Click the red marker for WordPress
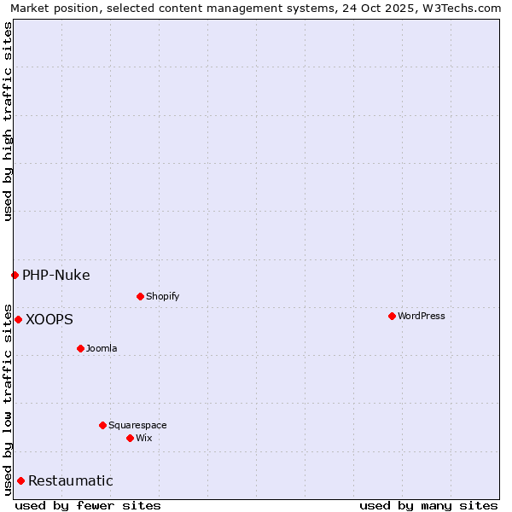point(392,316)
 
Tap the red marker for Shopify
point(140,296)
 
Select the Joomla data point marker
point(80,348)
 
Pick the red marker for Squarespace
point(102,425)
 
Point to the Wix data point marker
point(130,438)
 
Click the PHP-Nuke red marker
point(15,275)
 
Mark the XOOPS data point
point(18,319)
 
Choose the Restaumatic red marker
point(20,480)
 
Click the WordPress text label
point(422,316)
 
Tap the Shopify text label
point(162,296)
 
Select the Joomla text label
point(102,348)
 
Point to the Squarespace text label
point(137,425)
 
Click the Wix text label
point(143,438)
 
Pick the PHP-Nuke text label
point(56,275)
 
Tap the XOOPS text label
point(49,319)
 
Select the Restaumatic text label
point(71,480)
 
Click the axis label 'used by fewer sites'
point(88,505)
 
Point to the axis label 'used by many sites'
point(428,505)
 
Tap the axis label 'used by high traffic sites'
point(8,121)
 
